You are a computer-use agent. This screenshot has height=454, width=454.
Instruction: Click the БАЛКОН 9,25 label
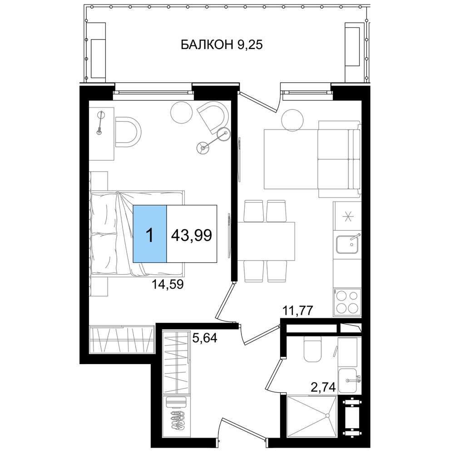coord(222,45)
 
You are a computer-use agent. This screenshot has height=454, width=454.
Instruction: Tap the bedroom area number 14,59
coord(168,284)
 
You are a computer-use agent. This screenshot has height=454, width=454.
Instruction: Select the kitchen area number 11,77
coord(298,311)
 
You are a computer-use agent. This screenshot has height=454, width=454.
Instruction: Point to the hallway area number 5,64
coord(205,338)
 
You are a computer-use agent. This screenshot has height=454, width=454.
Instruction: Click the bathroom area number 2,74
coord(323,387)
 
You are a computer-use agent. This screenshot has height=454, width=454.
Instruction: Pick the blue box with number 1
coord(150,234)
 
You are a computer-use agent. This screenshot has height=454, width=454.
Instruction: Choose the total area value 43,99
coord(192,235)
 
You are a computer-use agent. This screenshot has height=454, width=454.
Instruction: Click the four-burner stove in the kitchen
coord(347,302)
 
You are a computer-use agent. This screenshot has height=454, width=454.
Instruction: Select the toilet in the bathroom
coord(312,349)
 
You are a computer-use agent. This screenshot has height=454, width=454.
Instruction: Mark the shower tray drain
coord(327,415)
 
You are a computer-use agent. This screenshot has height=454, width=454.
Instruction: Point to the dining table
coord(266,242)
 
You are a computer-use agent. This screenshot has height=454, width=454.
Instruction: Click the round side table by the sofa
coord(292,120)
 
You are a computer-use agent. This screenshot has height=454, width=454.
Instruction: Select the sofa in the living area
coord(339,159)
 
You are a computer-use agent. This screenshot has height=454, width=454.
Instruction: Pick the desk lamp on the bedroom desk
coord(100,123)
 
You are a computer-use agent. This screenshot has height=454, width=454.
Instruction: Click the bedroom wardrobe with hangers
coord(122,339)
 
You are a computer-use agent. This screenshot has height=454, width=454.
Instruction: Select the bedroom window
coord(153,92)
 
